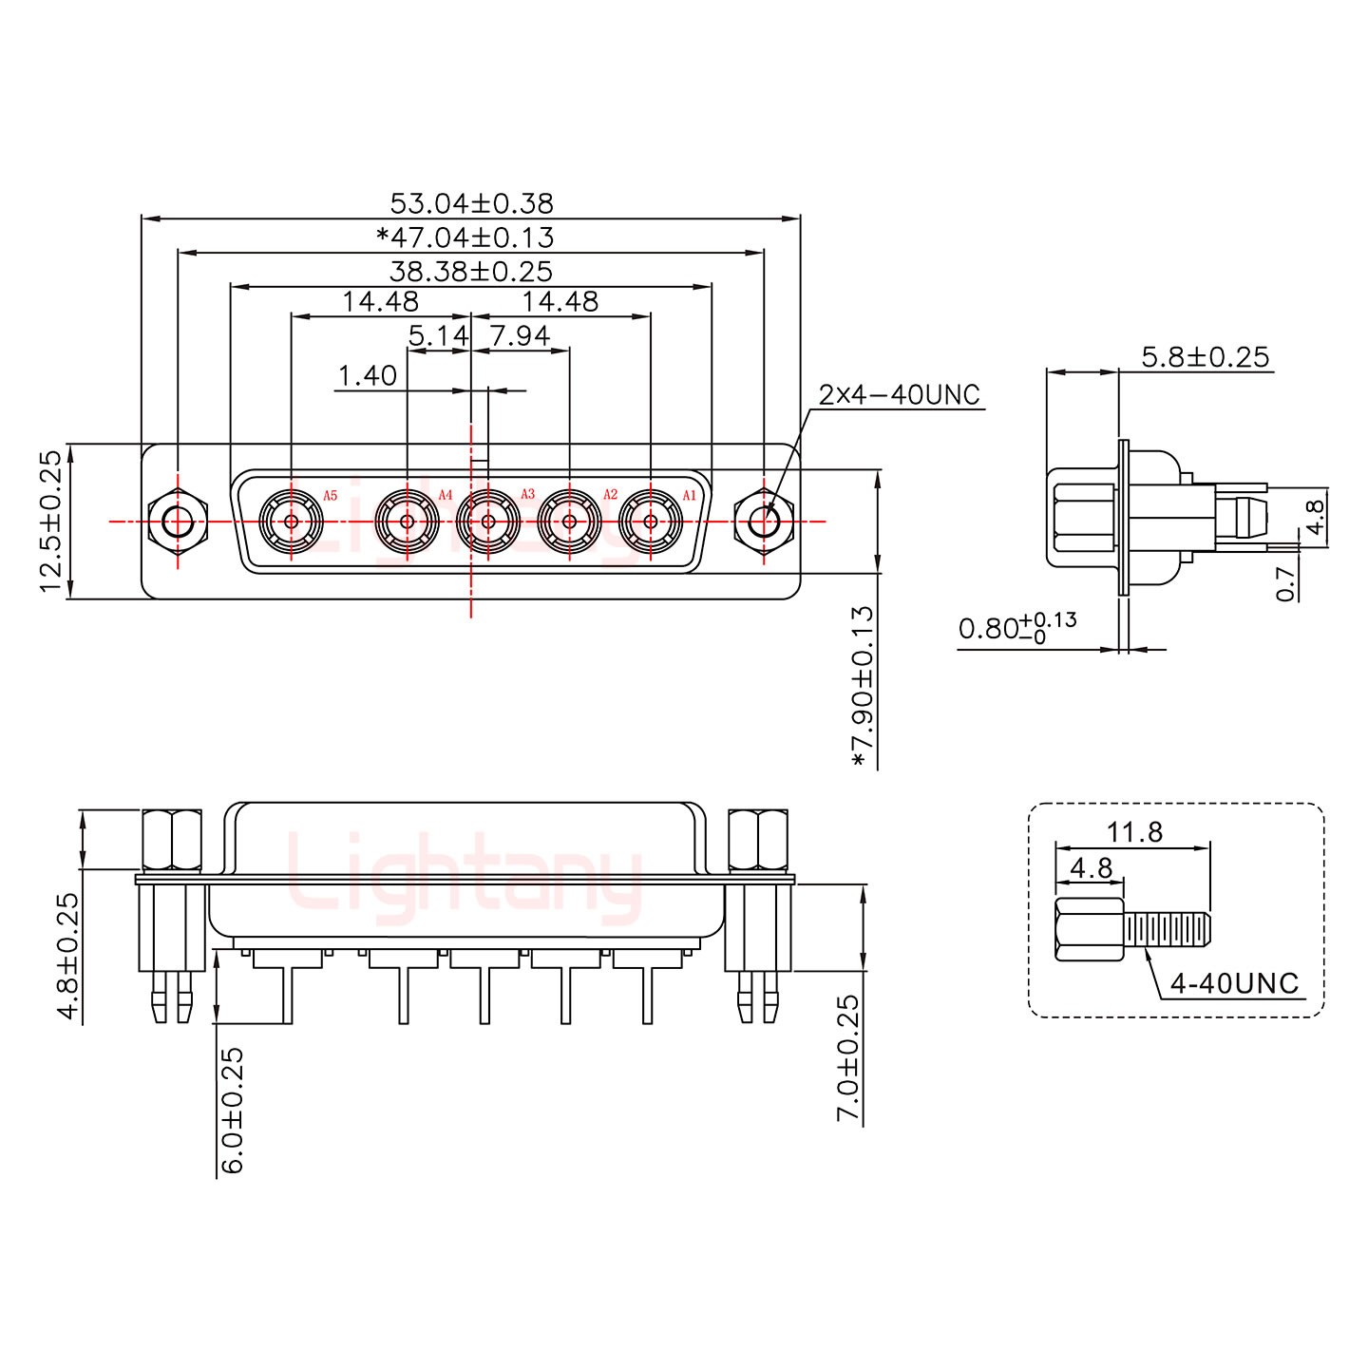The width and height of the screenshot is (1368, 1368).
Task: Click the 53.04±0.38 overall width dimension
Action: click(x=471, y=203)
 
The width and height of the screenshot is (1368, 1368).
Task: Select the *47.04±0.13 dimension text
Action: click(x=465, y=237)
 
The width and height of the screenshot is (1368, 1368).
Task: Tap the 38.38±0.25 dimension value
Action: click(x=471, y=272)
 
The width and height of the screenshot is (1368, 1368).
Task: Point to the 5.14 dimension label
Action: click(x=438, y=335)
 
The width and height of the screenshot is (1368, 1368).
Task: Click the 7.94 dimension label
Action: click(x=520, y=335)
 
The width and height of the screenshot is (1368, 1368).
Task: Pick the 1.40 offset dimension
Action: click(x=368, y=376)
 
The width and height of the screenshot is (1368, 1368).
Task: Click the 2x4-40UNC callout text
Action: click(x=899, y=394)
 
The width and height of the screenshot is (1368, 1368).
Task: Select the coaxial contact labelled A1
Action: click(x=651, y=522)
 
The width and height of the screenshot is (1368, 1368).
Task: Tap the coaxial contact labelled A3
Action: click(x=488, y=522)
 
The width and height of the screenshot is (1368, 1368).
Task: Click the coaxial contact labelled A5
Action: click(x=292, y=522)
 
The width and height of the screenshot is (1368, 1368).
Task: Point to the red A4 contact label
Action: click(x=446, y=495)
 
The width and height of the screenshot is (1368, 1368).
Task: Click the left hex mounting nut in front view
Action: click(x=178, y=522)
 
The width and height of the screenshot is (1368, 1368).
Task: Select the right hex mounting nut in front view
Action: click(x=764, y=522)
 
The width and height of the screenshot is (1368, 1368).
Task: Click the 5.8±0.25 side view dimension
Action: click(x=1205, y=357)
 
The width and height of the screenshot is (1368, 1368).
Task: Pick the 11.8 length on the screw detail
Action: click(x=1134, y=832)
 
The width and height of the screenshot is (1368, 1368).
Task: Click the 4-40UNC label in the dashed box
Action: click(x=1234, y=983)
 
